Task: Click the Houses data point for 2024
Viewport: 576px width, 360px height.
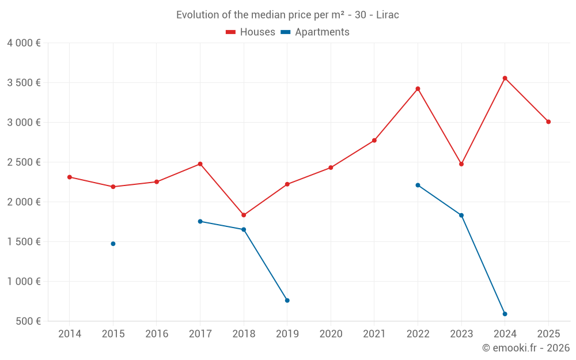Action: coord(505,78)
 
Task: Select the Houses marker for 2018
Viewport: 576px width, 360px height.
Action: coord(244,215)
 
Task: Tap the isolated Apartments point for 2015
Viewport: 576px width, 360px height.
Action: coord(113,244)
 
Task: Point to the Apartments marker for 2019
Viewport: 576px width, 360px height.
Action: coord(287,300)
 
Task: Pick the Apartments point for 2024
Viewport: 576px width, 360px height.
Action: coord(505,314)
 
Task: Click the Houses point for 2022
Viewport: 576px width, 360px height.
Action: coord(418,89)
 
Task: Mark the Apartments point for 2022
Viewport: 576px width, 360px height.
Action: coord(418,185)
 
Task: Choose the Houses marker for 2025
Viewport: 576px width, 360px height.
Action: coord(548,122)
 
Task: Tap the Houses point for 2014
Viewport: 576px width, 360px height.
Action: coord(70,177)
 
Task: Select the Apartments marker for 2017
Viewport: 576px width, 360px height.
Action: coord(200,221)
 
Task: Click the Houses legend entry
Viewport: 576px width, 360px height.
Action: coord(251,32)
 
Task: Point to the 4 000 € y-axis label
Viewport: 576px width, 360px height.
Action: coord(24,43)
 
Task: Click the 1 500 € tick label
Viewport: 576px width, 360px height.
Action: coord(24,241)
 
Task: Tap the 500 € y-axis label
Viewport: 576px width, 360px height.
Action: coord(27,321)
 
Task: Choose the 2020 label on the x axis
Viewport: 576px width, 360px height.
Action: coord(331,334)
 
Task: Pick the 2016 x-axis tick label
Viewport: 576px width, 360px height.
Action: coord(157,334)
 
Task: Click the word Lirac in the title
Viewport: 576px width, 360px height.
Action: coord(387,14)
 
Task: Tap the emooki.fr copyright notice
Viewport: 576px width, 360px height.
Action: coord(525,348)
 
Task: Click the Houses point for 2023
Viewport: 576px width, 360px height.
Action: coord(461,164)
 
